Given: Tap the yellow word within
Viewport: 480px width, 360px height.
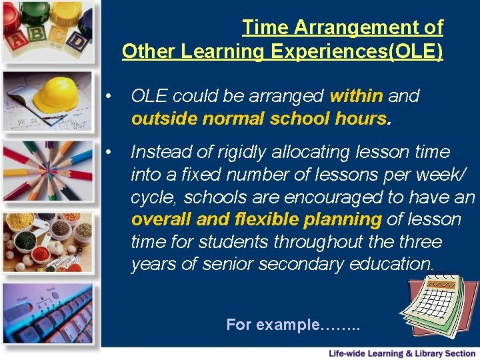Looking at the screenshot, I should pyautogui.click(x=356, y=96).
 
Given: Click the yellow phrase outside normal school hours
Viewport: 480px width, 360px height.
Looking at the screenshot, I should pyautogui.click(x=259, y=119).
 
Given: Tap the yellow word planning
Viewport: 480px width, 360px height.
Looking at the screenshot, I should pyautogui.click(x=342, y=219).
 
